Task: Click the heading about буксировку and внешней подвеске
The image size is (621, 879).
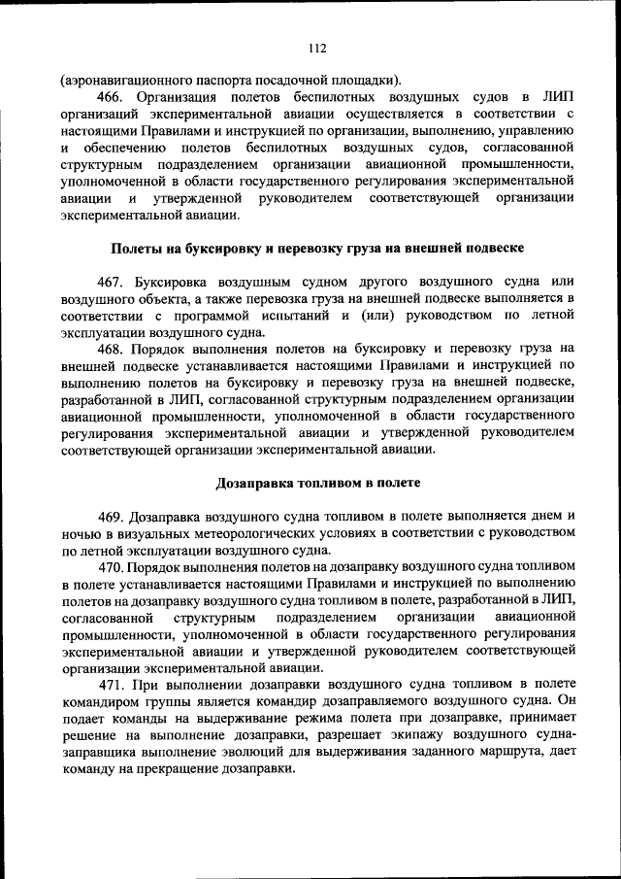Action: pos(316,249)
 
